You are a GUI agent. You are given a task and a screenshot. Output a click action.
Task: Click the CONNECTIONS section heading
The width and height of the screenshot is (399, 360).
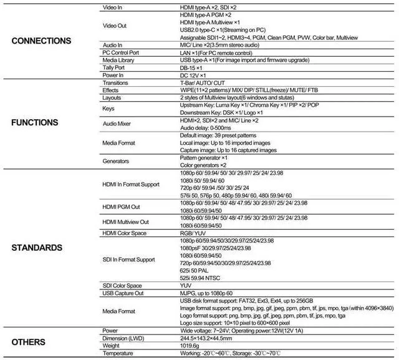[41, 41]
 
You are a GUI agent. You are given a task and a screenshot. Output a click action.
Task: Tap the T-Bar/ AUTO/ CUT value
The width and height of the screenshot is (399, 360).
[203, 83]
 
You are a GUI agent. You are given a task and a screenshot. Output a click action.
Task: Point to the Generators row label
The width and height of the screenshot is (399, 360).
[115, 160]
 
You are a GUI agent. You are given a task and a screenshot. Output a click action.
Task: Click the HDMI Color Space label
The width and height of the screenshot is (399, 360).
[124, 233]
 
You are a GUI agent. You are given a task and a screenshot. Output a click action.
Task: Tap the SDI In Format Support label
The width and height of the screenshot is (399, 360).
[128, 259]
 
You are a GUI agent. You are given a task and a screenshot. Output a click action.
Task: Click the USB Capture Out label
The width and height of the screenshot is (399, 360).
[123, 293]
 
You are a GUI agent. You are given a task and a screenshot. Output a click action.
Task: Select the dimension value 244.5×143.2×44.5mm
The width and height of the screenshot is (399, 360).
[209, 338]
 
